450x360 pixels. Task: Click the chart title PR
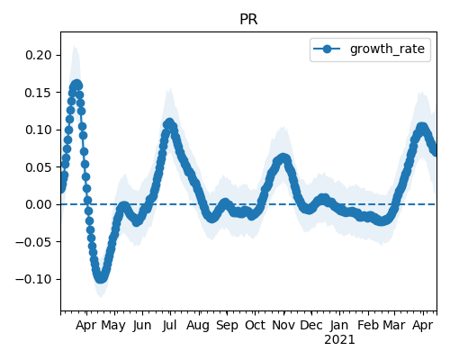pyautogui.click(x=248, y=20)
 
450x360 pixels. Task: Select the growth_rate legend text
pyautogui.click(x=387, y=49)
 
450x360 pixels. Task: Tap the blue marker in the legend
pyautogui.click(x=327, y=49)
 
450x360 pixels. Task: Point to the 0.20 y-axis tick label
pyautogui.click(x=39, y=55)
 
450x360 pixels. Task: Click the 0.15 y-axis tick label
pyautogui.click(x=39, y=93)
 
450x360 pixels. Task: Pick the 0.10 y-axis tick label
pyautogui.click(x=39, y=130)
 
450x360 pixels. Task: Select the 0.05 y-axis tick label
pyautogui.click(x=39, y=167)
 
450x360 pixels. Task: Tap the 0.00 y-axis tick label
pyautogui.click(x=39, y=204)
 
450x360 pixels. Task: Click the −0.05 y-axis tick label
pyautogui.click(x=33, y=242)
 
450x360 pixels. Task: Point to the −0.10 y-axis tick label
pyautogui.click(x=33, y=279)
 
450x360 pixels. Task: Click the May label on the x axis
pyautogui.click(x=113, y=325)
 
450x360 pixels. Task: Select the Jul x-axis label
pyautogui.click(x=169, y=325)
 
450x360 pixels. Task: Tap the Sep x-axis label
pyautogui.click(x=227, y=325)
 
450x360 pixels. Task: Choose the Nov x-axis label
pyautogui.click(x=283, y=325)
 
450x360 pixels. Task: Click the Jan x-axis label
pyautogui.click(x=339, y=325)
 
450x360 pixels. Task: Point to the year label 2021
pyautogui.click(x=339, y=340)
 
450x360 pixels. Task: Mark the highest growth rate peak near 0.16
pyautogui.click(x=76, y=85)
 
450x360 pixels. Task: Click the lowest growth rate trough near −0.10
pyautogui.click(x=101, y=278)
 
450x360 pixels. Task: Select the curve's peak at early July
pyautogui.click(x=169, y=123)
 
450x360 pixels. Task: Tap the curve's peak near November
pyautogui.click(x=283, y=158)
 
